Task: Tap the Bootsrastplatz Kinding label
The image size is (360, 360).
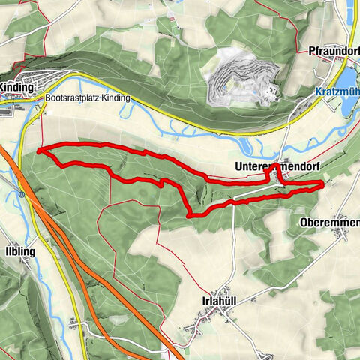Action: click(88, 98)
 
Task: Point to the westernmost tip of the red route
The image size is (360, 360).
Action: click(37, 151)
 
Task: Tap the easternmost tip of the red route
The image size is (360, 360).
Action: click(323, 182)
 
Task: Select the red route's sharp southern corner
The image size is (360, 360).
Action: click(187, 215)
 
